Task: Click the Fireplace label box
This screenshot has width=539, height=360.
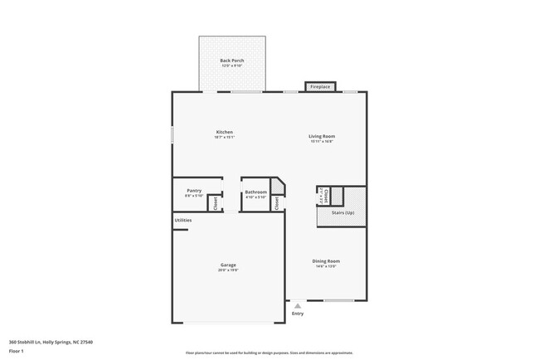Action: coord(320,86)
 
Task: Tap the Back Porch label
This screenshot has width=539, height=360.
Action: coord(231,61)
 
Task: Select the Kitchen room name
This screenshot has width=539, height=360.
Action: coord(224,132)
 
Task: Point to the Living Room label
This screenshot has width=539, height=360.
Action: coord(322,136)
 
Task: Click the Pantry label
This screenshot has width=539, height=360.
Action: coord(194,190)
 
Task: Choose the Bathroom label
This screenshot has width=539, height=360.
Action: coord(256,192)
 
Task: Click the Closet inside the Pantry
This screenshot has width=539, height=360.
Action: coord(216,202)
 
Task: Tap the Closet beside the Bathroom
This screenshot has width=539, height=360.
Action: coord(277,202)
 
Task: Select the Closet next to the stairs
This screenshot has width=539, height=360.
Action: coord(326,196)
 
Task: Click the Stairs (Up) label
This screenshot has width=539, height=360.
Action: coord(343,213)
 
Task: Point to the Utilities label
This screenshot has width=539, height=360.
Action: coord(183,220)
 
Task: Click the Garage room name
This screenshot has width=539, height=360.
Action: coord(228,265)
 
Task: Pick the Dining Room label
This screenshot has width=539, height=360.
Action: coord(326,260)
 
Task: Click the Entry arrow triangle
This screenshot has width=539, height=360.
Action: coord(298,305)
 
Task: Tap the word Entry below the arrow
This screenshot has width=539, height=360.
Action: coord(298,314)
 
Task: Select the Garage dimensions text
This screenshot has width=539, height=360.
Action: coord(228,270)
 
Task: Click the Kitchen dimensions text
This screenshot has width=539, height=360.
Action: coord(224,138)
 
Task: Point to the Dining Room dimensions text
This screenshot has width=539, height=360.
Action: coord(326,266)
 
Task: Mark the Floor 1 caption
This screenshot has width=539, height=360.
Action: coord(17,351)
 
